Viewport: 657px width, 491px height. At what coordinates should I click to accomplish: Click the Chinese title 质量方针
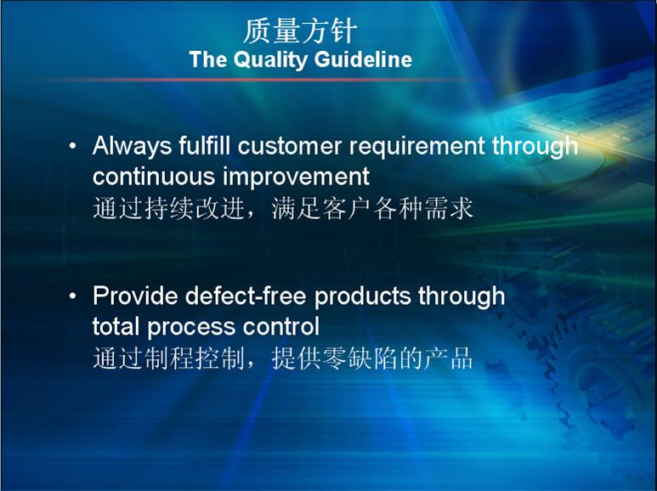300,31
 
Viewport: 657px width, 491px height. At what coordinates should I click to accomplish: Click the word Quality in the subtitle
270,59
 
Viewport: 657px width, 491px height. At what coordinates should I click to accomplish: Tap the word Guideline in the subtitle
363,59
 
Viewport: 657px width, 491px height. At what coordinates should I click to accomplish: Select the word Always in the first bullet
132,146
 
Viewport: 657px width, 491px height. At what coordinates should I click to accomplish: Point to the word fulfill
205,145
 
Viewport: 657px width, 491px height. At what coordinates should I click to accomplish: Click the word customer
290,146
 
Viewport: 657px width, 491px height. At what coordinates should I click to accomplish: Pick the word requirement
417,147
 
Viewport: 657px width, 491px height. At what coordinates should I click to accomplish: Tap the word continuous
154,177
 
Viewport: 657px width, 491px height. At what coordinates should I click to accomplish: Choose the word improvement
296,177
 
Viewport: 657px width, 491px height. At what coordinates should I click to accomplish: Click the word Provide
135,296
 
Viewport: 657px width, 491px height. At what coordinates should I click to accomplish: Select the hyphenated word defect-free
246,296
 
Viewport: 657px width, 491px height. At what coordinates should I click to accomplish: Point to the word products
362,296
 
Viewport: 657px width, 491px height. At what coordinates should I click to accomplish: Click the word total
116,327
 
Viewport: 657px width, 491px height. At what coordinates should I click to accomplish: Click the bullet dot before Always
73,146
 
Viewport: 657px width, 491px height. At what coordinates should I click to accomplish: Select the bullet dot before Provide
73,296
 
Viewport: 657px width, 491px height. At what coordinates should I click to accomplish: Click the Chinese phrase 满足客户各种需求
372,208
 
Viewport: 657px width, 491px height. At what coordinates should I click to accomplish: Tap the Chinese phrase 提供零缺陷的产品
372,358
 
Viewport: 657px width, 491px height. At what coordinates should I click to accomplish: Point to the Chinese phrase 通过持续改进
168,208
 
